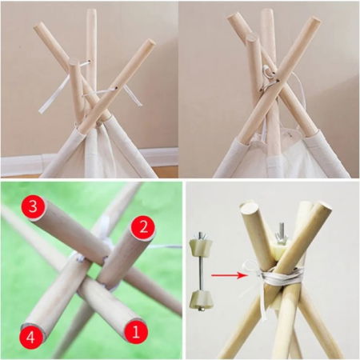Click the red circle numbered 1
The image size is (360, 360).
[136, 332]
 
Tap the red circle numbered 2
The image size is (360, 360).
[143, 229]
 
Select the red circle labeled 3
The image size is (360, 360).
[33, 207]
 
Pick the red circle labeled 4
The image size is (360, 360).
[30, 338]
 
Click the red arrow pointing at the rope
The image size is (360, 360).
[229, 275]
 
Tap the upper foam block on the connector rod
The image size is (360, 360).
[201, 246]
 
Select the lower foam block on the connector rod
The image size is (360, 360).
[201, 298]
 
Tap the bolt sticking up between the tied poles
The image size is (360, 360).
[282, 233]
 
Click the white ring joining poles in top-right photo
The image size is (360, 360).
[267, 76]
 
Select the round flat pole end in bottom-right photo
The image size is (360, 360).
[250, 208]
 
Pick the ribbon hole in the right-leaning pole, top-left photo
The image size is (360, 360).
[117, 87]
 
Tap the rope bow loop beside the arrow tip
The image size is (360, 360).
[249, 267]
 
